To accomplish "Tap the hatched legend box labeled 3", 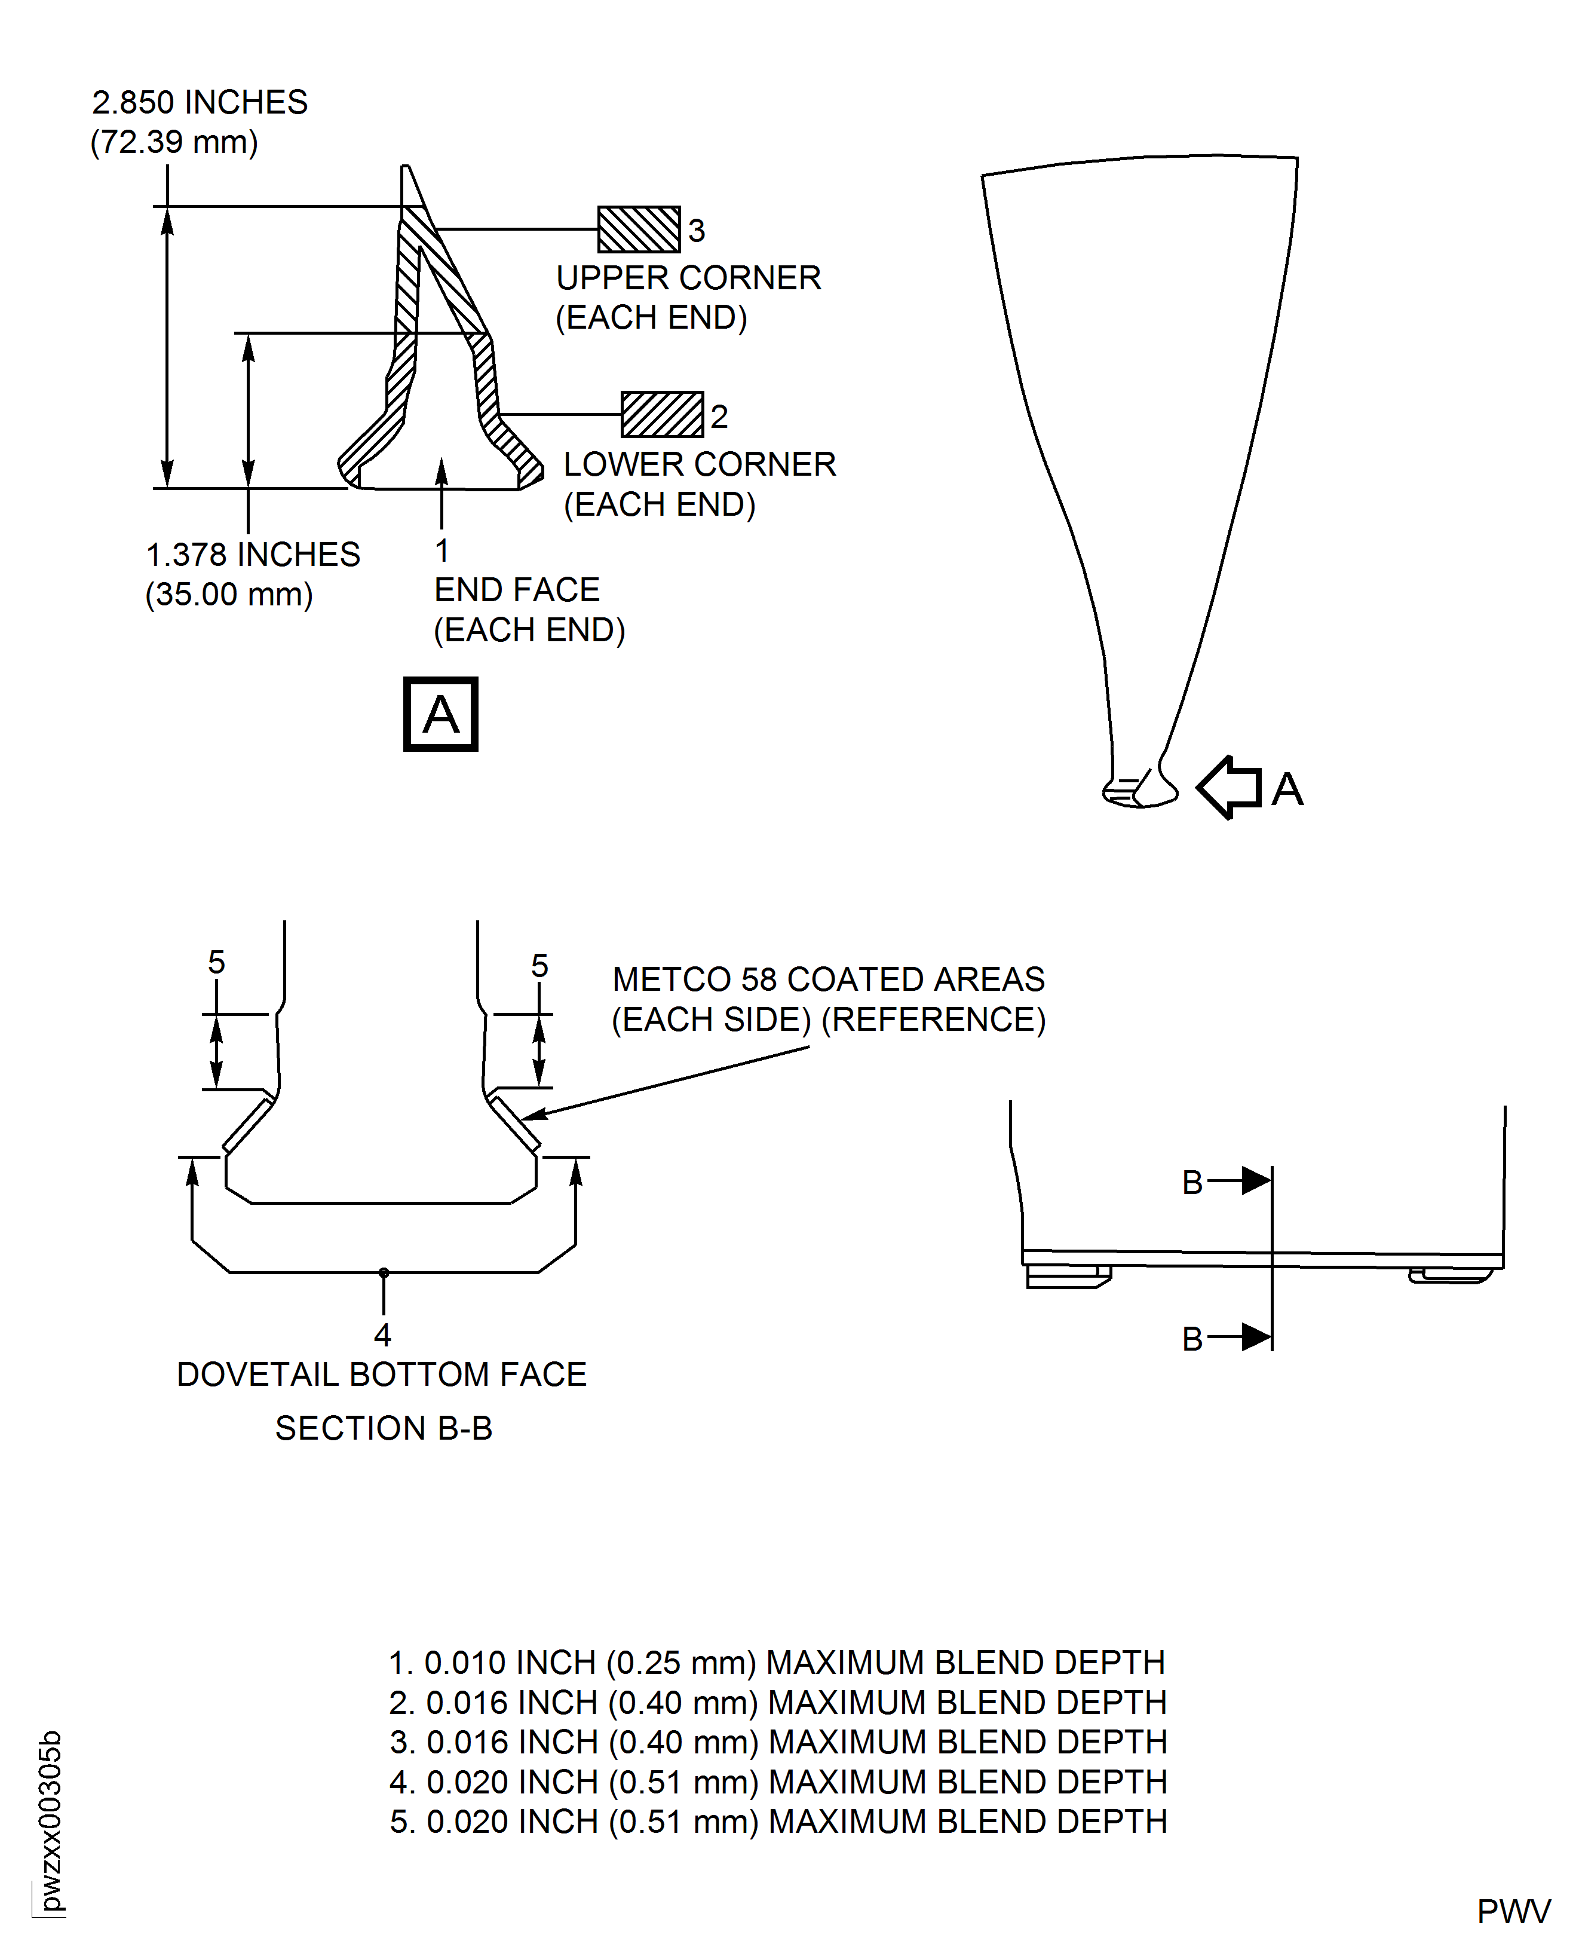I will click(x=639, y=230).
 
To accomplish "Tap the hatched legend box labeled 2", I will click(x=662, y=415).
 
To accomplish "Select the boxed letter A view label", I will click(x=440, y=714).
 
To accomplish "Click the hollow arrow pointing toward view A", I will click(x=1229, y=788).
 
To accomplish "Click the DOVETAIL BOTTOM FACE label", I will click(x=381, y=1375).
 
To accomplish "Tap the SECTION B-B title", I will click(x=383, y=1428).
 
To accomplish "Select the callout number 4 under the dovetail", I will click(x=382, y=1334).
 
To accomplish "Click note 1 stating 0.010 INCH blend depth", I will click(x=776, y=1663).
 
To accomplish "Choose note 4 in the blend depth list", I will click(x=778, y=1782).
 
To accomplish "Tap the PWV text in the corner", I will click(x=1513, y=1912).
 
